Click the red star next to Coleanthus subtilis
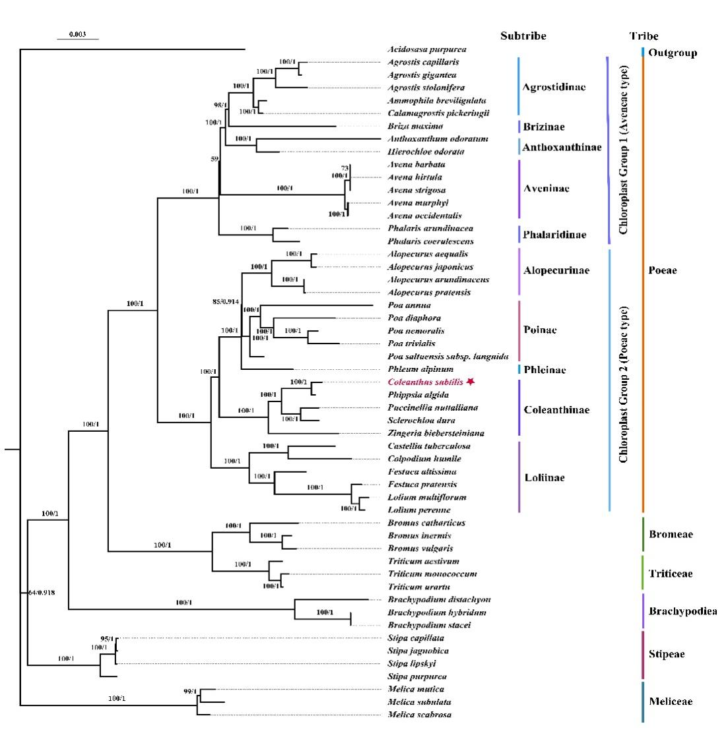(x=470, y=382)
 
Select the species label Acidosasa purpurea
(x=426, y=49)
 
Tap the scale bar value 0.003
(x=77, y=34)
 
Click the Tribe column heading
(x=643, y=36)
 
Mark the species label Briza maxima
(x=415, y=126)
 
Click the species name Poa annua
(x=409, y=305)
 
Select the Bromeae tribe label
(x=671, y=535)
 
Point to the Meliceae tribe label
(x=671, y=701)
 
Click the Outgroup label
(x=672, y=53)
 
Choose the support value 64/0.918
(x=42, y=593)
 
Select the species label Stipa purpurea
(x=417, y=676)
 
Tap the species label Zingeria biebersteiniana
(x=436, y=433)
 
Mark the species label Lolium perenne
(x=419, y=510)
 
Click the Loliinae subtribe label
(x=543, y=478)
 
